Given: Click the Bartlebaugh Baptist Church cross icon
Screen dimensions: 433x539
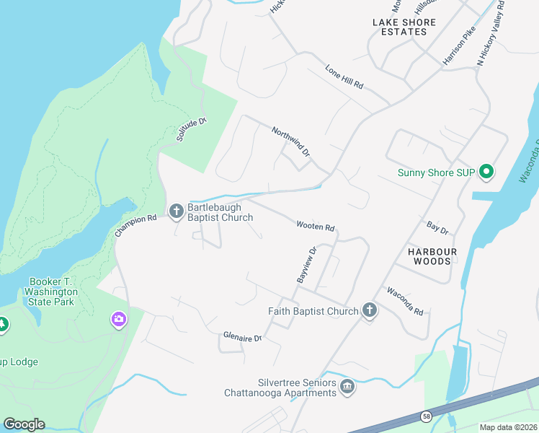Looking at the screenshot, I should [176, 211].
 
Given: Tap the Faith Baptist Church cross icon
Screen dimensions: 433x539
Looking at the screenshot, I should [369, 310].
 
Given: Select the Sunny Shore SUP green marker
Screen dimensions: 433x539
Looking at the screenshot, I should [486, 172].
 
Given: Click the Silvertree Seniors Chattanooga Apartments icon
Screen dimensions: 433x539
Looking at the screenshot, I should [347, 386].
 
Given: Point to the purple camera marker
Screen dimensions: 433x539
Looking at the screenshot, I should [119, 319].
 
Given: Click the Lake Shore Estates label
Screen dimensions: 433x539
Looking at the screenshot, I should [404, 27].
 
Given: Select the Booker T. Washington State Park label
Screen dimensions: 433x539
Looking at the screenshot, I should [52, 292].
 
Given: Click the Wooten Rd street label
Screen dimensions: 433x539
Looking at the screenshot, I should [316, 227].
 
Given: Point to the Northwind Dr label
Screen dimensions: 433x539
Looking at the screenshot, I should [290, 142].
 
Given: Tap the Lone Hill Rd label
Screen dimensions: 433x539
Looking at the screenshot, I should [344, 77].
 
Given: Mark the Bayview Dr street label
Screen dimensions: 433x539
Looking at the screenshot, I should [306, 265].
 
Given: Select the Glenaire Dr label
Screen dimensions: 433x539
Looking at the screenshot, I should [241, 335].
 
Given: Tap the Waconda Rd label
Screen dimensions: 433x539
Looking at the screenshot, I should [404, 301].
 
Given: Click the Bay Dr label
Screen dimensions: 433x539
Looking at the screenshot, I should [437, 229].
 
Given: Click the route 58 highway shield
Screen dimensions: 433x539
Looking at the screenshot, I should [427, 416].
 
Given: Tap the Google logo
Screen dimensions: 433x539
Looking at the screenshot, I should [24, 424].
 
